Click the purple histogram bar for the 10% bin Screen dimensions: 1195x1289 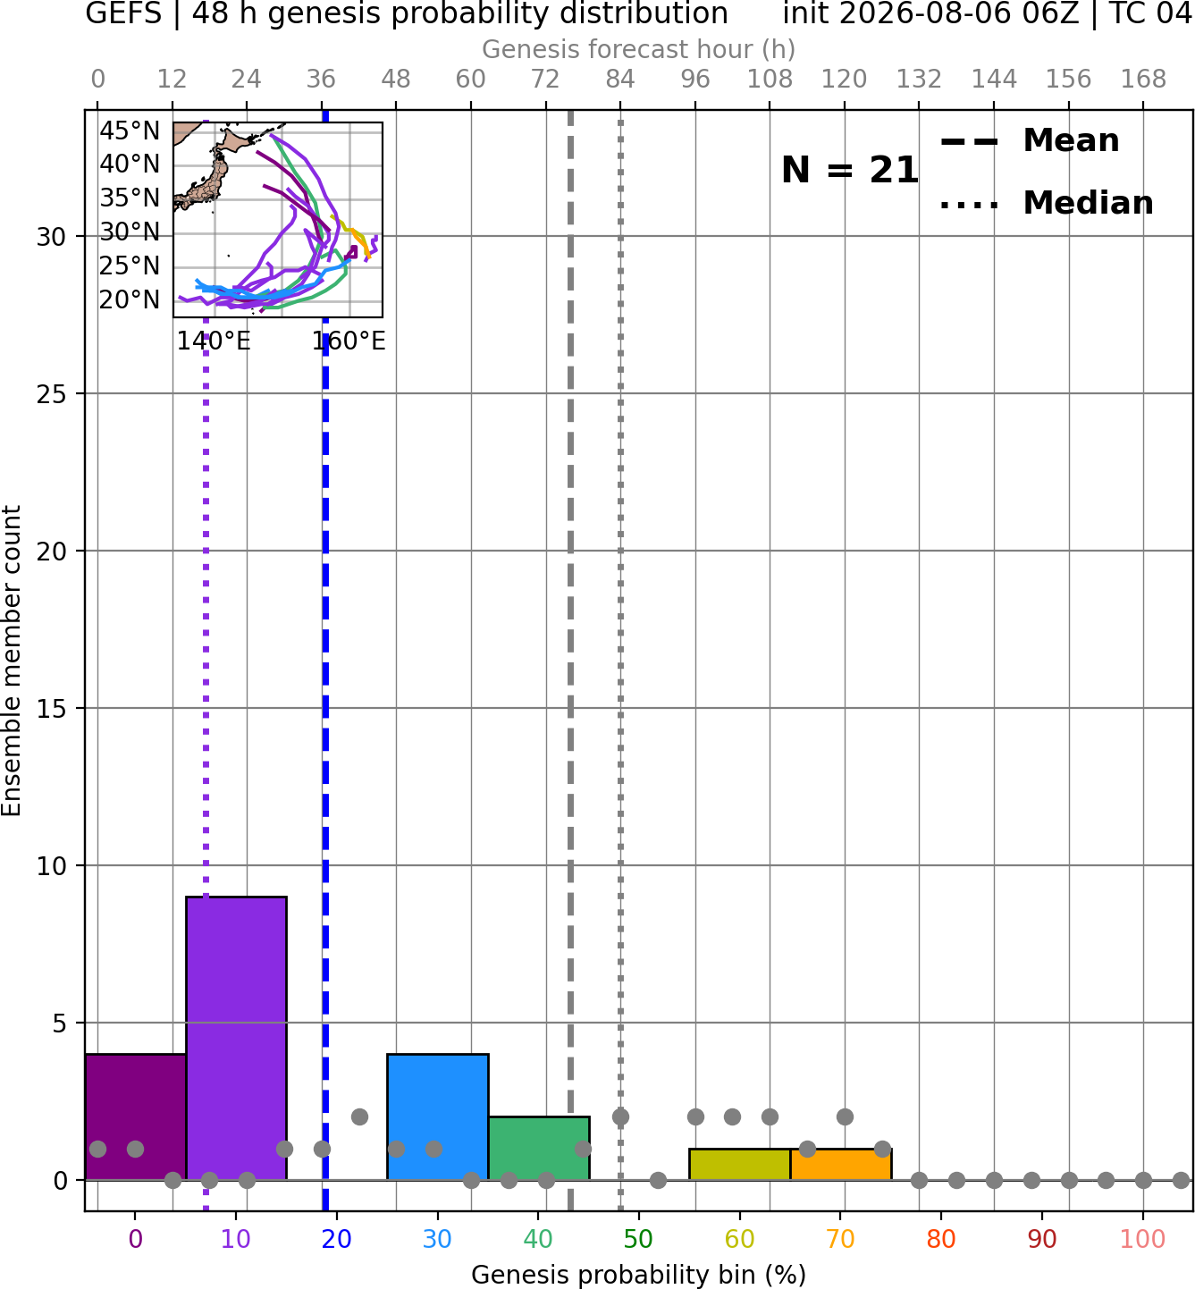236,1038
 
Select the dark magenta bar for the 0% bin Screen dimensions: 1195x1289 136,1116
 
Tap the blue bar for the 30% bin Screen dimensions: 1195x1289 437,1116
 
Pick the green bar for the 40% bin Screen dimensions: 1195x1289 539,1148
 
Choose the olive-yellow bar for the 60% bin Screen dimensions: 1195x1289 740,1165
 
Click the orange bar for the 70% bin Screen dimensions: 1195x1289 841,1165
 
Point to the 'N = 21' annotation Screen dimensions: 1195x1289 850,170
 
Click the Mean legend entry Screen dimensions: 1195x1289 1031,141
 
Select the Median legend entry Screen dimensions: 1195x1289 1047,203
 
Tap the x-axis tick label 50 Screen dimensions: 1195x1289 639,1240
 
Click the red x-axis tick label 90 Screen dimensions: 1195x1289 1042,1240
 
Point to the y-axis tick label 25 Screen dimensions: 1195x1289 51,394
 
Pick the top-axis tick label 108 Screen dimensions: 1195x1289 770,80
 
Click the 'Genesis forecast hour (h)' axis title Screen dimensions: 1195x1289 639,49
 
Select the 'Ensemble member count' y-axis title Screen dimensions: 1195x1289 11,661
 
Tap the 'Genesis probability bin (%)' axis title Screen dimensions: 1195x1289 639,1275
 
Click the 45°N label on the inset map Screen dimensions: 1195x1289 130,131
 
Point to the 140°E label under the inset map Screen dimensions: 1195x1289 214,341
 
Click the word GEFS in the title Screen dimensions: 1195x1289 123,13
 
